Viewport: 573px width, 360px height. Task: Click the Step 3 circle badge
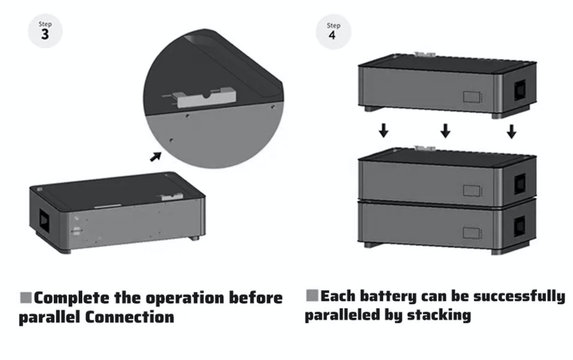click(x=45, y=32)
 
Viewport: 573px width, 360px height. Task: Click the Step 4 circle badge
click(x=334, y=32)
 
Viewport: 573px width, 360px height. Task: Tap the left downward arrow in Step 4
click(x=382, y=130)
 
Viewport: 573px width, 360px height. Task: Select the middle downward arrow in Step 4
click(x=445, y=130)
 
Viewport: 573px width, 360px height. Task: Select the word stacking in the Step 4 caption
click(x=438, y=315)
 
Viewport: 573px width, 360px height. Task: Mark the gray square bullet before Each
click(x=312, y=296)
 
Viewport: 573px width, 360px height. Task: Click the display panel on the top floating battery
click(x=472, y=96)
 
